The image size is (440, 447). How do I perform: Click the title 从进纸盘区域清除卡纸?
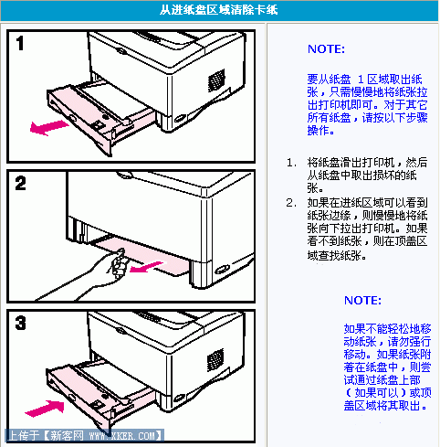[219, 10]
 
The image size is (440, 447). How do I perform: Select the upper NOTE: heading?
[326, 48]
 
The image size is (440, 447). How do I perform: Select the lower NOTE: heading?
[362, 300]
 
